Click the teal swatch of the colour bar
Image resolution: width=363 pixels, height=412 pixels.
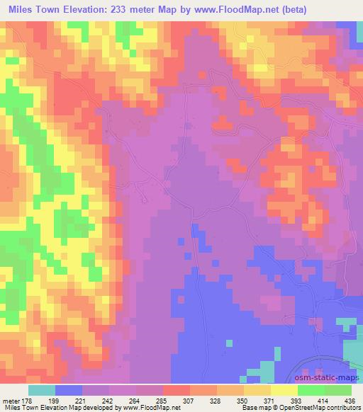coord(42,389)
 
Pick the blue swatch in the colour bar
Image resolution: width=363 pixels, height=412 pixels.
coord(69,389)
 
